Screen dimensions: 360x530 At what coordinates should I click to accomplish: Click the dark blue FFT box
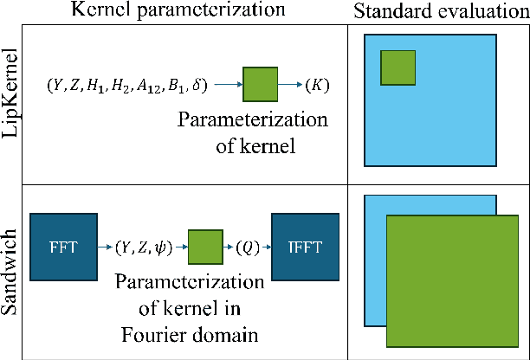[x=64, y=249]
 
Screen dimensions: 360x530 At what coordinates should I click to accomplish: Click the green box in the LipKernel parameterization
[x=260, y=86]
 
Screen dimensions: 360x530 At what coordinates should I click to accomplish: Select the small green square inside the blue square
[x=398, y=67]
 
